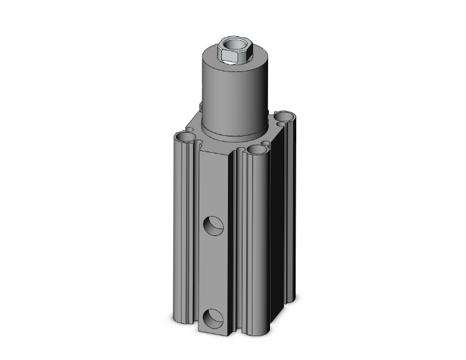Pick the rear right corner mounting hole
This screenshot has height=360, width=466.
[286, 116]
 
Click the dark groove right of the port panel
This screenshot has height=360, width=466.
[236, 250]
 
